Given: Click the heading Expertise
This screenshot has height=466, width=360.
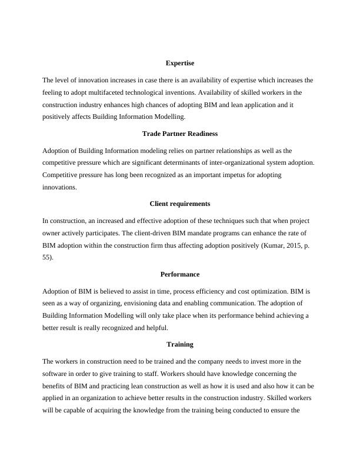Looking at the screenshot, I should click(179, 62).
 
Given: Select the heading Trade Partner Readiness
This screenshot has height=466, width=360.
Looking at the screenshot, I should click(179, 134).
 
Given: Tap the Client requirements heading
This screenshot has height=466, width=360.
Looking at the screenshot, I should click(179, 204).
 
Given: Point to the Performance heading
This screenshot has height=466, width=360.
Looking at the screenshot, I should click(179, 274).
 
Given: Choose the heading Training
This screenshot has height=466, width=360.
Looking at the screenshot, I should click(179, 344).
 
